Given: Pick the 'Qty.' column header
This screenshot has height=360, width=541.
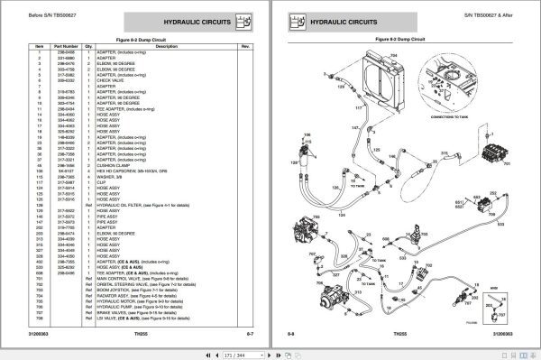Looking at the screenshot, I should point(89,45).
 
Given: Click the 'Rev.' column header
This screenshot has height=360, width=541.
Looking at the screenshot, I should point(244,45).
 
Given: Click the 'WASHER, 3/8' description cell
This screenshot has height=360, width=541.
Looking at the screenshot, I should point(111,177).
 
